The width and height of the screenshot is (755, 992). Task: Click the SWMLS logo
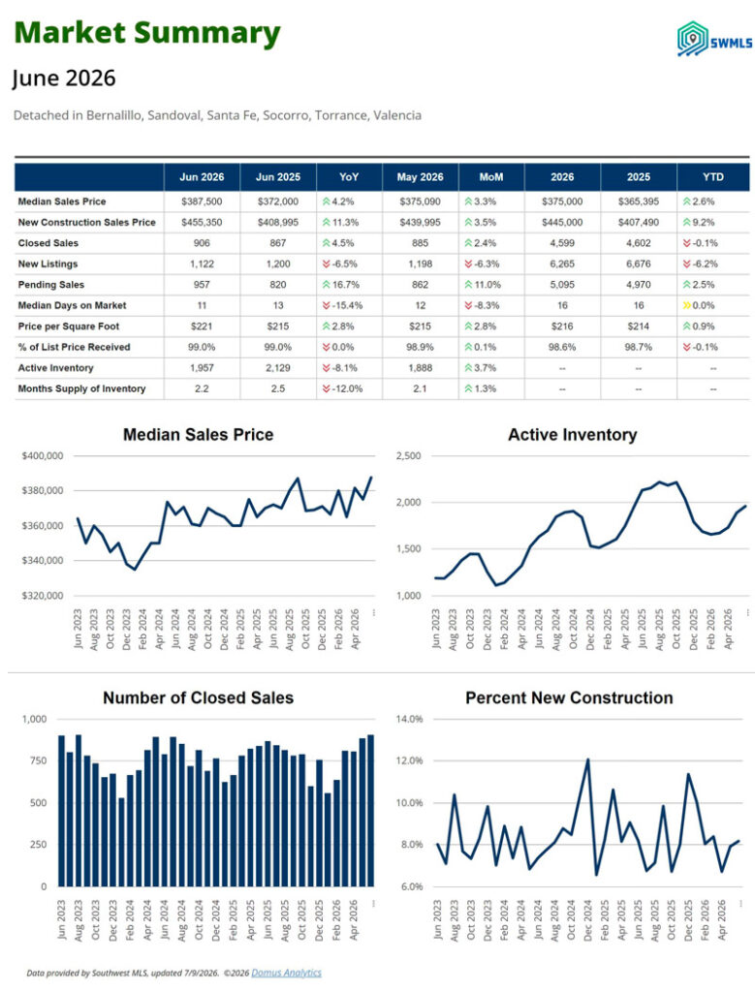pos(714,39)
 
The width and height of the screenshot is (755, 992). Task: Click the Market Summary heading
pos(146,33)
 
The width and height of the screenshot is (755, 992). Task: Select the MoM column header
pos(491,177)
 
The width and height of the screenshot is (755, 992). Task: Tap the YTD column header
pos(712,177)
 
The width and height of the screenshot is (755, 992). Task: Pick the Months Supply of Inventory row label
pos(81,388)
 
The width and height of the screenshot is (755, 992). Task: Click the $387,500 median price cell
pos(202,201)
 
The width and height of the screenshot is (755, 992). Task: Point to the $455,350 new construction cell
pos(202,222)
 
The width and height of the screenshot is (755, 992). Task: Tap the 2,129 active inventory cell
pos(278,367)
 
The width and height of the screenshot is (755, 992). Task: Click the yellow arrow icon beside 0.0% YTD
pos(686,305)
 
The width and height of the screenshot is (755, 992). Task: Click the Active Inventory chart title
pos(572,435)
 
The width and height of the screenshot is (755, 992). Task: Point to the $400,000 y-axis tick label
pos(43,455)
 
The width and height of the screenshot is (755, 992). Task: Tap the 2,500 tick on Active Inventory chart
pos(408,455)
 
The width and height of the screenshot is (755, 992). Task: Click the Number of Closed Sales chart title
pos(198,697)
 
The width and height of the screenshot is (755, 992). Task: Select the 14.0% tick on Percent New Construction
pos(409,719)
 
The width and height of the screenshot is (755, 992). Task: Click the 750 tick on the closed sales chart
pos(39,760)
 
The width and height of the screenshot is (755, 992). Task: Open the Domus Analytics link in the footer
pos(286,973)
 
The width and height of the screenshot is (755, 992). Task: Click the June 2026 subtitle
pos(64,78)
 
